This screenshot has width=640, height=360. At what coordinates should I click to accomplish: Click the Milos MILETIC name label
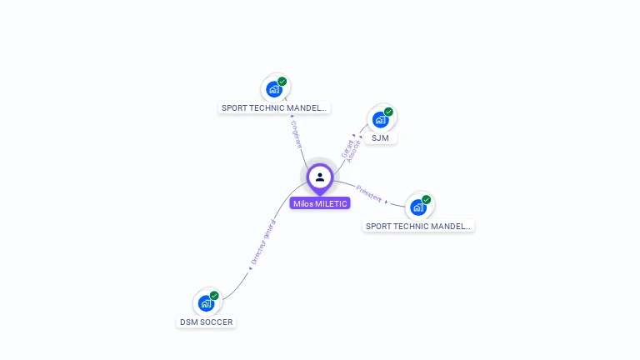coord(320,203)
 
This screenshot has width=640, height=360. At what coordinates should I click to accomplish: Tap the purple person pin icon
coord(320,177)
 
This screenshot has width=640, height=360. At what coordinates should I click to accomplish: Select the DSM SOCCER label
coord(207,322)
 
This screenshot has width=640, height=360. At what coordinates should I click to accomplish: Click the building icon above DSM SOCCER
coord(206,303)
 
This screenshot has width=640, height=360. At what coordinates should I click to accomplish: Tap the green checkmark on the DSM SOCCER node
coord(214,296)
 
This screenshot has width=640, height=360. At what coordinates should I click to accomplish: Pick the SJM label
coord(380,137)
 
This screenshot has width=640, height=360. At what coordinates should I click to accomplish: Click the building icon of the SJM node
coord(380,119)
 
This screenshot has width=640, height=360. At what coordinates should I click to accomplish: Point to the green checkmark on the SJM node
coord(388,112)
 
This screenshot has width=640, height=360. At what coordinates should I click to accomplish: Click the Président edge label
coord(368,193)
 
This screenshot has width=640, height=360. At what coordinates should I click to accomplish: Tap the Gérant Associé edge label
coord(351,150)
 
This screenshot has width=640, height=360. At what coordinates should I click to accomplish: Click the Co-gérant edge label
coord(297,133)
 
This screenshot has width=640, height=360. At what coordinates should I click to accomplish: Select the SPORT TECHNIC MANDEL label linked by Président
coord(418,226)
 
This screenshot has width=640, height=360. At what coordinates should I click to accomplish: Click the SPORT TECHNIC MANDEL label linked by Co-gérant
coord(274,107)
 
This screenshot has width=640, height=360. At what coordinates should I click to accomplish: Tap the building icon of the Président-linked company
coord(418,207)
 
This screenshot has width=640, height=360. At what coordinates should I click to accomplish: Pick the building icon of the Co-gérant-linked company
coord(274,89)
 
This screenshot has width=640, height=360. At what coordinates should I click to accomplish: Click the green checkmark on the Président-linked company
coord(427,200)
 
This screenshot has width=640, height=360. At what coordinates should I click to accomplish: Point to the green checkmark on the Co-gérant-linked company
coord(282,82)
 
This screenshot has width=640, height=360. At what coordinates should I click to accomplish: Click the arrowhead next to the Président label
coord(386,202)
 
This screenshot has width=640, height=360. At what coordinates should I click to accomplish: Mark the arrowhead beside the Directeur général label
coord(250,268)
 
